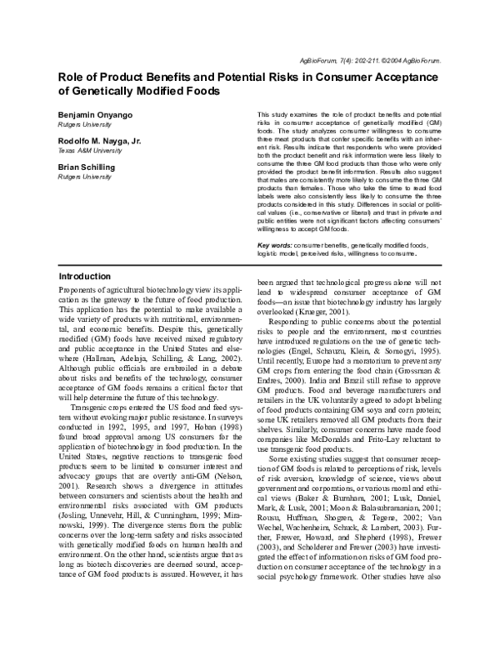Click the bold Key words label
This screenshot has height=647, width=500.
click(x=274, y=246)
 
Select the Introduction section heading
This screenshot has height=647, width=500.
click(x=84, y=276)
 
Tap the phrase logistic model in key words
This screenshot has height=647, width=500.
click(x=283, y=253)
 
